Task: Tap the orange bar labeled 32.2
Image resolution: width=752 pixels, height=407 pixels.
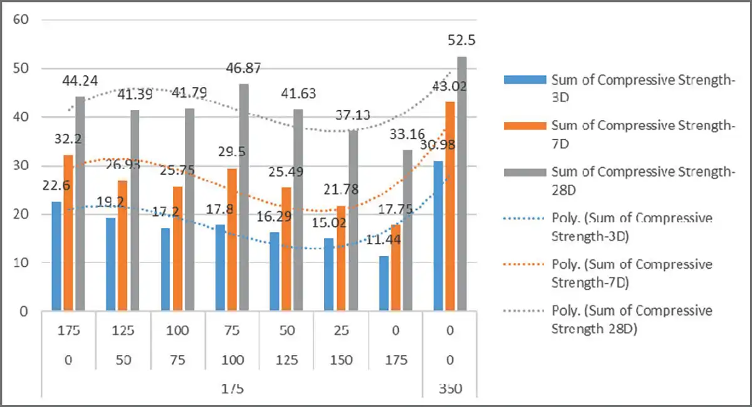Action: point(68,232)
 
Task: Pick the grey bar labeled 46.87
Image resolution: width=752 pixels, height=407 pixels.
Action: point(244,197)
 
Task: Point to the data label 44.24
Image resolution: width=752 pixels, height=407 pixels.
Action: point(80,80)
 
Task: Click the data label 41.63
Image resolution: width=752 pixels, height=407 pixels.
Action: point(298,94)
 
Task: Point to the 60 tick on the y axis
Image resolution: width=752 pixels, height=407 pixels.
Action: point(21,19)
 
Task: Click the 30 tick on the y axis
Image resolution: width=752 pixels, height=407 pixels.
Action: point(21,166)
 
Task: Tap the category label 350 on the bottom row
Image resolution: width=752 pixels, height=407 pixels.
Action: point(451,389)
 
